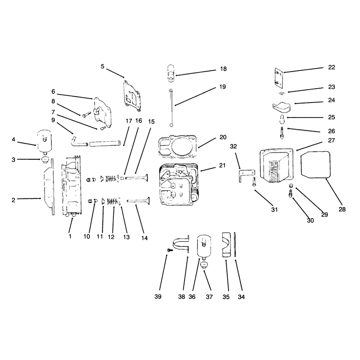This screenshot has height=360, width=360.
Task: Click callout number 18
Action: coord(223,69)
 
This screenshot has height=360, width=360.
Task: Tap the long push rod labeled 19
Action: coord(171,107)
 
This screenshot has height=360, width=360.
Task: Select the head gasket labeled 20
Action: coord(177,147)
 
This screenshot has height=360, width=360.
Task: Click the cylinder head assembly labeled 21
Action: coord(179,184)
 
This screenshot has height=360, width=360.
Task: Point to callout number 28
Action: coord(342,209)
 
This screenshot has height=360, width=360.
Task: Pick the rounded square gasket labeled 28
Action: coord(315,164)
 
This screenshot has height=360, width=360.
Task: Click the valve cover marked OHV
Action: coord(276,166)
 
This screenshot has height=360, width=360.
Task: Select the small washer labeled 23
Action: coord(281,93)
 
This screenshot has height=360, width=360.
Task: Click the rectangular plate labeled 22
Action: coord(279,78)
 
